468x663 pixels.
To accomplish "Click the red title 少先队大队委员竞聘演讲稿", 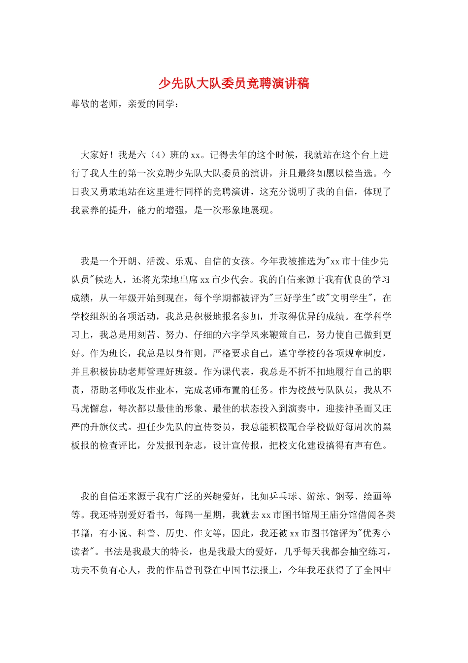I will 234,83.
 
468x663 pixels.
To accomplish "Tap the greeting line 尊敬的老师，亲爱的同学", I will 123,104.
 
